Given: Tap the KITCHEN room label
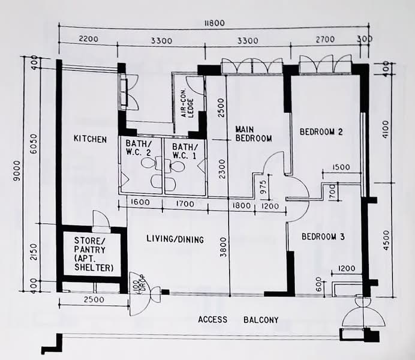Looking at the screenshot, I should point(90,139).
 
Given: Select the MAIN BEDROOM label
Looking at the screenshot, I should point(253,134).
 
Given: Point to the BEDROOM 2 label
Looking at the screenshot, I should point(321,132).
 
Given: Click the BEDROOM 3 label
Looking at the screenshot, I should point(323,237).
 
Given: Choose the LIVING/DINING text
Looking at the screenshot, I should point(175,239).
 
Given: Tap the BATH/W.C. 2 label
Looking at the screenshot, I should point(139,151).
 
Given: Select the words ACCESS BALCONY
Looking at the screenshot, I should point(238,320).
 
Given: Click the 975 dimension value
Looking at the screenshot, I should point(261,188).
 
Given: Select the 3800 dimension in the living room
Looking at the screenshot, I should point(223,247).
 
